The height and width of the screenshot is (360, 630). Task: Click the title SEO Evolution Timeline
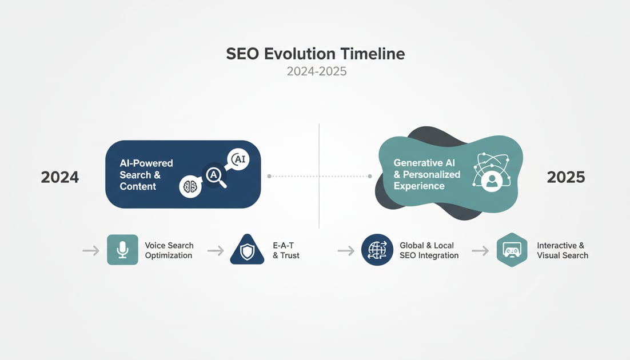point(315,54)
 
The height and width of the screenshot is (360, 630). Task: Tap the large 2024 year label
point(60,177)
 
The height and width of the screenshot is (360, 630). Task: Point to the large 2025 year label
point(565,177)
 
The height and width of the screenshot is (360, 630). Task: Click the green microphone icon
point(122,250)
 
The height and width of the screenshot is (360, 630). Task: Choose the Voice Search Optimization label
point(169,250)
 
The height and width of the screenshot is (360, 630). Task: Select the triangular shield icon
point(247,250)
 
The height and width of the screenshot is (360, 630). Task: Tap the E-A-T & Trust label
point(286,250)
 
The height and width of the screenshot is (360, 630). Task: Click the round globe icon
point(377,250)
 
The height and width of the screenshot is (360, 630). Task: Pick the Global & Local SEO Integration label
point(429,250)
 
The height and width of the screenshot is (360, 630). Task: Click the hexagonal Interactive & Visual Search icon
point(511,250)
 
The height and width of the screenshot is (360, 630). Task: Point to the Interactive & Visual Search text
point(562,250)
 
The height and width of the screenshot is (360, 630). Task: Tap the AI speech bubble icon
point(238,160)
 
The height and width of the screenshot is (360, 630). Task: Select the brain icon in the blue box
point(190,186)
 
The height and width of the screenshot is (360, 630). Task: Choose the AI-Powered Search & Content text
point(146,175)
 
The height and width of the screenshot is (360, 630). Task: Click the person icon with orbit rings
point(489,171)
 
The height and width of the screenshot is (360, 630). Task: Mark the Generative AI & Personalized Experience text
point(426,174)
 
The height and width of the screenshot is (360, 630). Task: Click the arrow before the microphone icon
point(90,250)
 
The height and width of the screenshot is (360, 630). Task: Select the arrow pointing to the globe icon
point(346,250)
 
